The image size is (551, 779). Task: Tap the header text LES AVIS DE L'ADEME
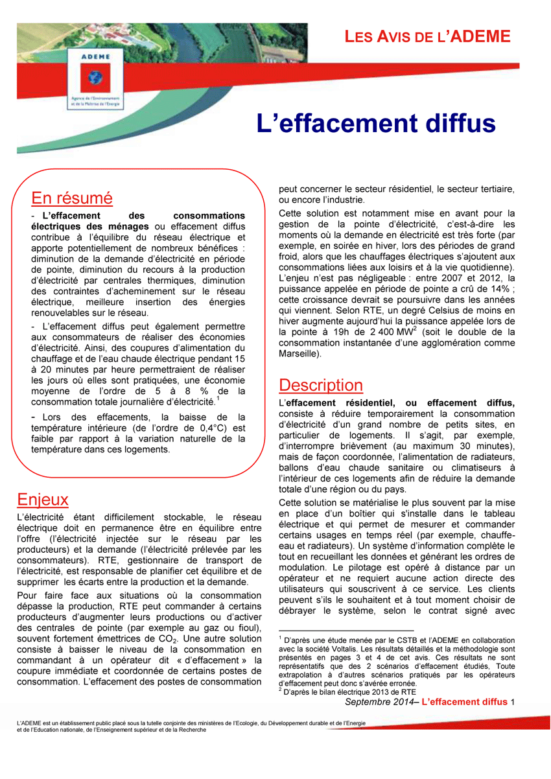[x=428, y=36]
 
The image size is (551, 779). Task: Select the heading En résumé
[x=72, y=197]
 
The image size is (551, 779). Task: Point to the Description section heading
[x=321, y=385]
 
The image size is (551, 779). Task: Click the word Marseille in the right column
[x=298, y=355]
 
